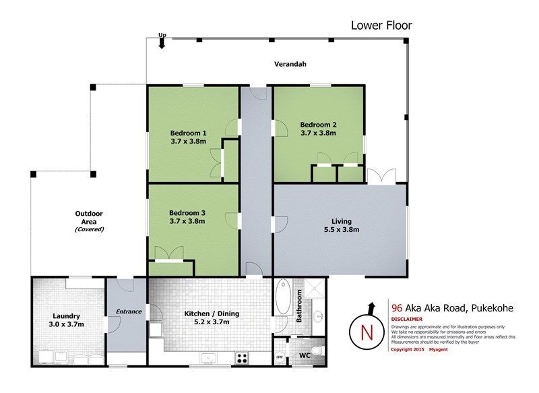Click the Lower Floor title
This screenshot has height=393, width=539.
(381, 25)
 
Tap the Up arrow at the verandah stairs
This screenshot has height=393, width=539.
(162, 43)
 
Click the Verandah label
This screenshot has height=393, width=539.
(290, 64)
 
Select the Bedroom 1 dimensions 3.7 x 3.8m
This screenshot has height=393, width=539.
(189, 141)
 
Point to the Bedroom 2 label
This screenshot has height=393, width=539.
(318, 125)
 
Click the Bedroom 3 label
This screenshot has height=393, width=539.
(187, 213)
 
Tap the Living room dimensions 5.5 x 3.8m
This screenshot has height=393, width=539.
(342, 229)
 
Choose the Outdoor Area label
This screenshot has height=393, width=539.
(89, 218)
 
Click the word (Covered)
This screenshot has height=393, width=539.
(90, 229)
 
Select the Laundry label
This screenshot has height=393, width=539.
(66, 316)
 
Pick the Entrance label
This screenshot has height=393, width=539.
(129, 311)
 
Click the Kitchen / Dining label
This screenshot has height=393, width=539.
(212, 313)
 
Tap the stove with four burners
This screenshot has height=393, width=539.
(242, 358)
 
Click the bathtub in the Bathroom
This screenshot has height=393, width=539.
(283, 297)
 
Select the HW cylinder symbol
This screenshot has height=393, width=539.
(280, 357)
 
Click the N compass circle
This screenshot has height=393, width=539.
(367, 332)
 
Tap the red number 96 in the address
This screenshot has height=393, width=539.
(397, 308)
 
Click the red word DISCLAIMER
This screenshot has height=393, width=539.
(407, 319)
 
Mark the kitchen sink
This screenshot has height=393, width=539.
(208, 358)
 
